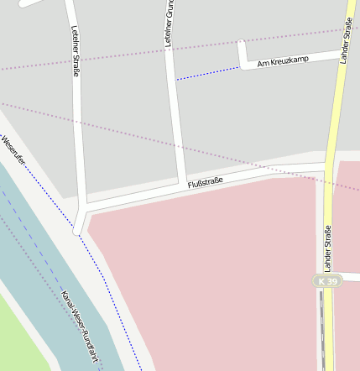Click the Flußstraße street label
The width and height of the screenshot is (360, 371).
[206, 182]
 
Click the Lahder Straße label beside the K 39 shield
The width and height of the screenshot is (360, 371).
[327, 248]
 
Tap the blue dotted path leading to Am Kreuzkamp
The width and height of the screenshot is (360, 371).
[207, 73]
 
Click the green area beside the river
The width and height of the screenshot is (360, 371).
[21, 336]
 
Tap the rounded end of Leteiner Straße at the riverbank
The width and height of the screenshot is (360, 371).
[78, 228]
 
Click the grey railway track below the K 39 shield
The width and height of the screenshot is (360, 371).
[321, 327]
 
